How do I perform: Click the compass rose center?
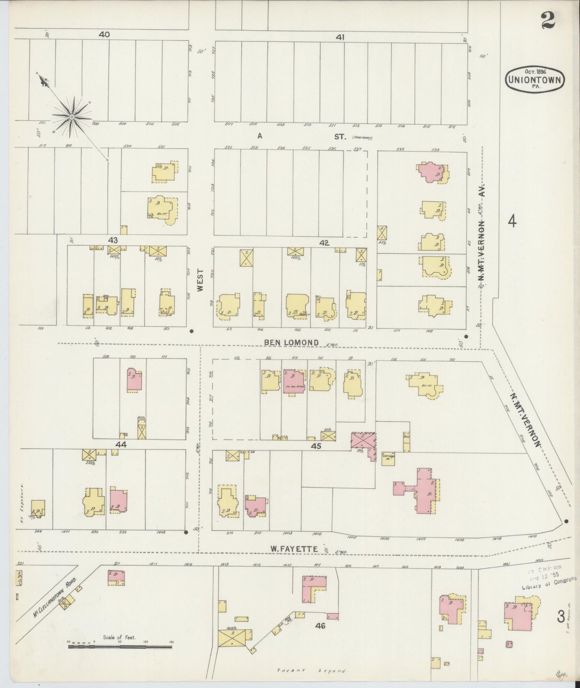71,116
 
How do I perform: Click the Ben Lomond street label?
292,342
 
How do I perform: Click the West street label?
201,280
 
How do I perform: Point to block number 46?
320,625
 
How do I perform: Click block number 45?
316,445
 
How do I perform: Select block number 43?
113,240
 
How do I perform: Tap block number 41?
340,37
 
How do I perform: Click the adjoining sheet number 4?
512,221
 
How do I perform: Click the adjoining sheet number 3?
560,615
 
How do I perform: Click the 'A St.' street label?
299,136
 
